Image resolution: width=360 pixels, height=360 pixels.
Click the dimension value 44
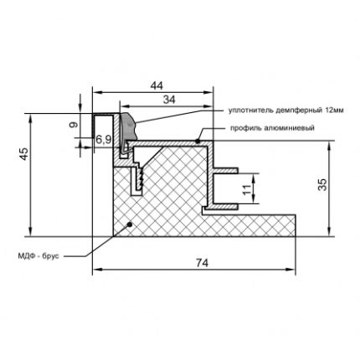[157, 85]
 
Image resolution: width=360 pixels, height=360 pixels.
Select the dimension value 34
[169, 100]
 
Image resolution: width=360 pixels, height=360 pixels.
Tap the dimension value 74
[202, 263]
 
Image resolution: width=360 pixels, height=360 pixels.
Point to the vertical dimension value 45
[24, 153]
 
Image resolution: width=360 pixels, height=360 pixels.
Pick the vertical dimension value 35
[322, 184]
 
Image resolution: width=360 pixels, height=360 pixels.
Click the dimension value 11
[246, 190]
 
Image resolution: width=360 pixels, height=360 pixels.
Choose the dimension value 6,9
[104, 139]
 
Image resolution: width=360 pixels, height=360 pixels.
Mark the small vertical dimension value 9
[73, 124]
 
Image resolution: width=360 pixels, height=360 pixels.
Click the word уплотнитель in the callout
[250, 111]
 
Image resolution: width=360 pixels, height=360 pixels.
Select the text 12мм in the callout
[334, 110]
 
